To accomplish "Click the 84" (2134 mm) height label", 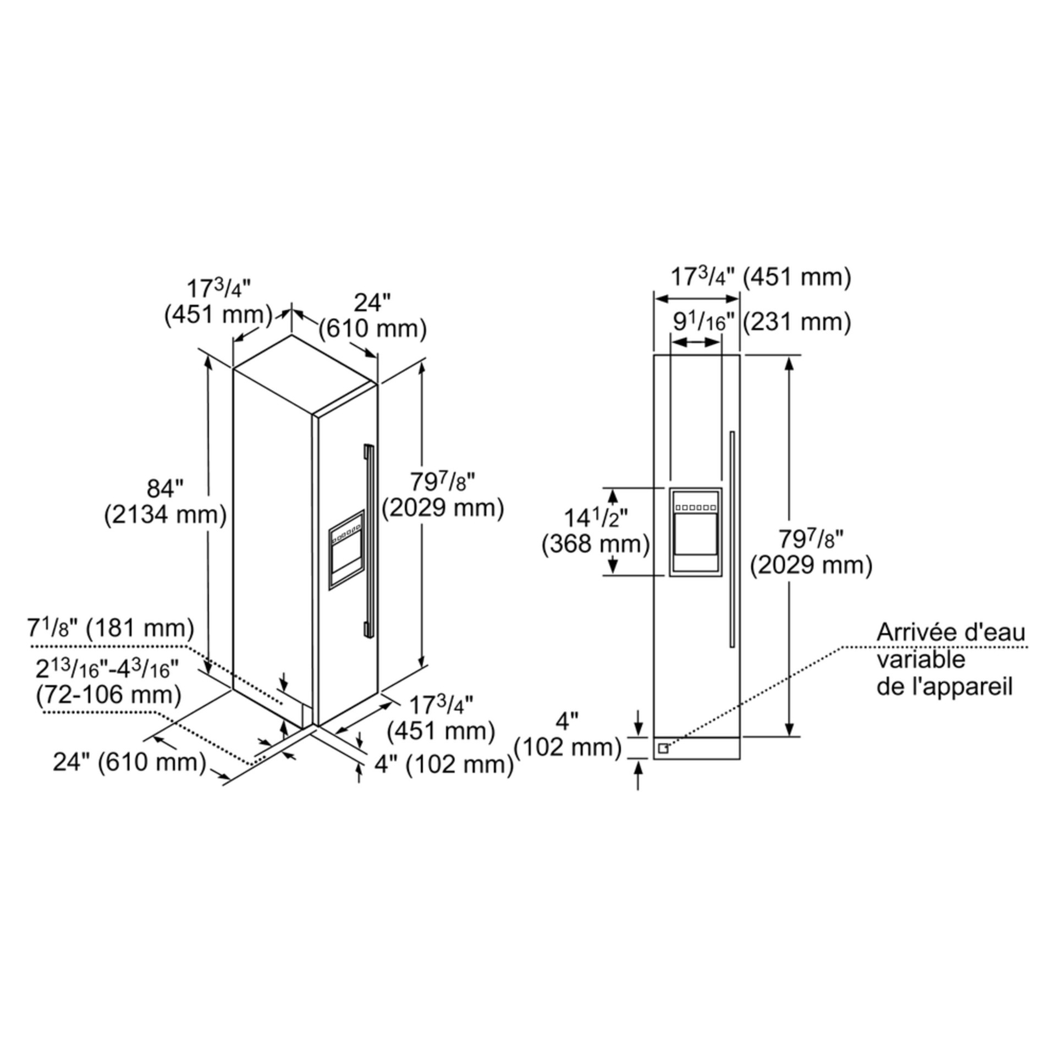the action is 166,502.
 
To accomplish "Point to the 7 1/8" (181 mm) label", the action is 111,628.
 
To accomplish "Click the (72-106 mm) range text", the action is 109,695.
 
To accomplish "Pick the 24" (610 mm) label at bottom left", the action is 130,762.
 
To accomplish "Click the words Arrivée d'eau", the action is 951,632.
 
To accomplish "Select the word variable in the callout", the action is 921,659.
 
